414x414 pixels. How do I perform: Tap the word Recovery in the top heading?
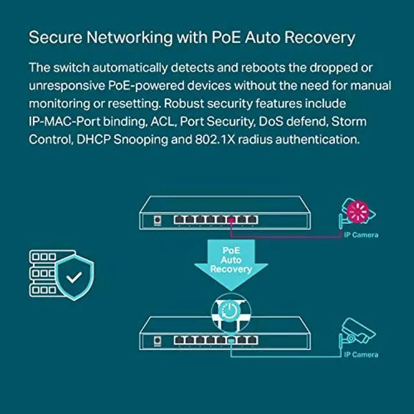[320, 38]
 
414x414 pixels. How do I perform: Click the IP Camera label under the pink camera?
[361, 235]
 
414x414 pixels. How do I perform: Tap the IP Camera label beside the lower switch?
[361, 354]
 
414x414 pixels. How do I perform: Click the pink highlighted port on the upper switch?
[231, 220]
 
